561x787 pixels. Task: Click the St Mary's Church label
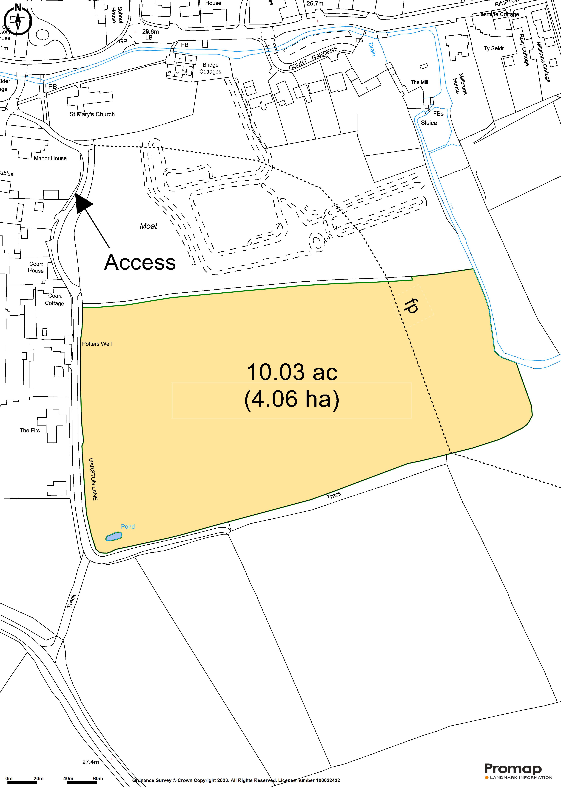[x=92, y=114]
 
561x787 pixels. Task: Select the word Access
[x=140, y=262]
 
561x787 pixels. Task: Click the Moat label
[x=148, y=226]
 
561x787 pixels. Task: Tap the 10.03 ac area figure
[x=292, y=372]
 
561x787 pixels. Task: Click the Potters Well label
[x=97, y=344]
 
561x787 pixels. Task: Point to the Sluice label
[x=429, y=123]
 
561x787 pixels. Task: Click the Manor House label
[x=50, y=158]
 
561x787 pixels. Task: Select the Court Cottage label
[x=55, y=300]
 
